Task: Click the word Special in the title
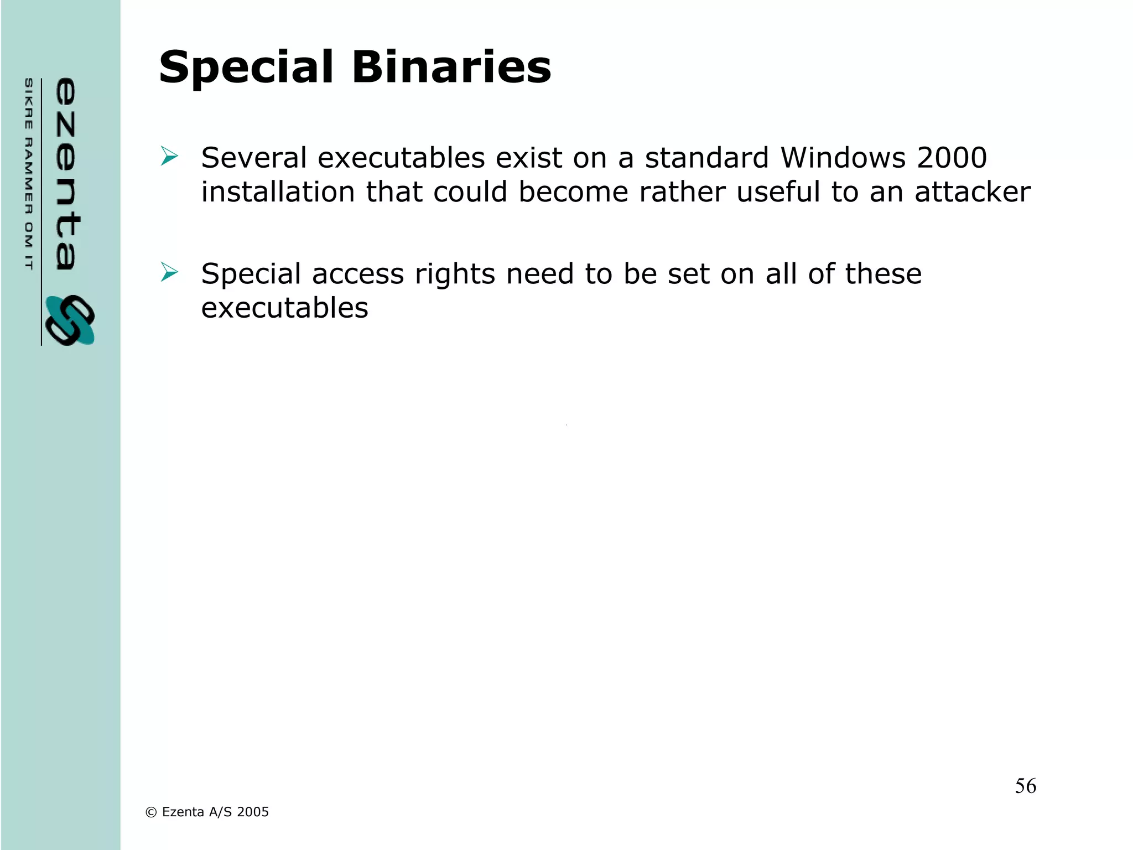pos(246,68)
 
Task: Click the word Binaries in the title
pos(451,68)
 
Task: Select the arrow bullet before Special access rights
pos(169,272)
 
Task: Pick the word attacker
pos(972,192)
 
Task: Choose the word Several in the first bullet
pos(254,158)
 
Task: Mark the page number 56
pos(1025,786)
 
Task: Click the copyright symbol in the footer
pos(150,812)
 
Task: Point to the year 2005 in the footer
pos(253,812)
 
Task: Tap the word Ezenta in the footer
pos(183,812)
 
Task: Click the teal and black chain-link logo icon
pos(70,320)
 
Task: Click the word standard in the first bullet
pos(707,158)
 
